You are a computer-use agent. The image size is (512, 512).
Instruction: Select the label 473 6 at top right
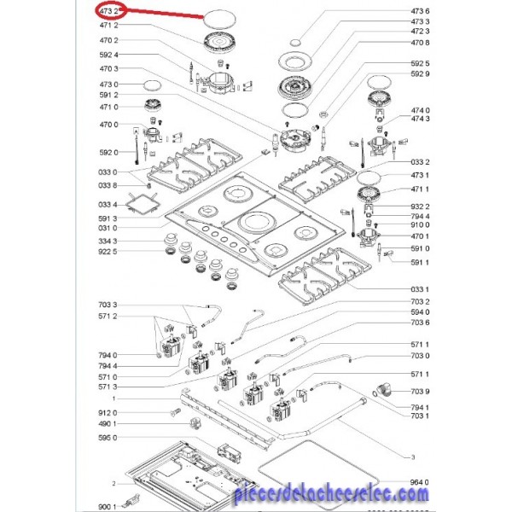pos(420,10)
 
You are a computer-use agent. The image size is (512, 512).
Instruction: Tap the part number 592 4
pos(109,55)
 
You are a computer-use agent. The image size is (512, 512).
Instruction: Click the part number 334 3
pos(109,241)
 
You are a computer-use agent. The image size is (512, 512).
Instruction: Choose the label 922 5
pos(109,253)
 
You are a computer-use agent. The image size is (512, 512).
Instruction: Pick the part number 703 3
pos(109,305)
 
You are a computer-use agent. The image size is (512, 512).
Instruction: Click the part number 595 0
pos(109,437)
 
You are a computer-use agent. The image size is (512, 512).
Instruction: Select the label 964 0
pos(420,482)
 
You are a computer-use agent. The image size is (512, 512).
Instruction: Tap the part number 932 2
pos(420,206)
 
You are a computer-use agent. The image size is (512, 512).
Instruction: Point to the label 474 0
pos(420,110)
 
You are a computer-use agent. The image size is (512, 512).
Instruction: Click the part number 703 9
pos(420,391)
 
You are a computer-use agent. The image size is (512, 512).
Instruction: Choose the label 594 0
pos(420,313)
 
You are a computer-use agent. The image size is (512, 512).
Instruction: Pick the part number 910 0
pos(420,225)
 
